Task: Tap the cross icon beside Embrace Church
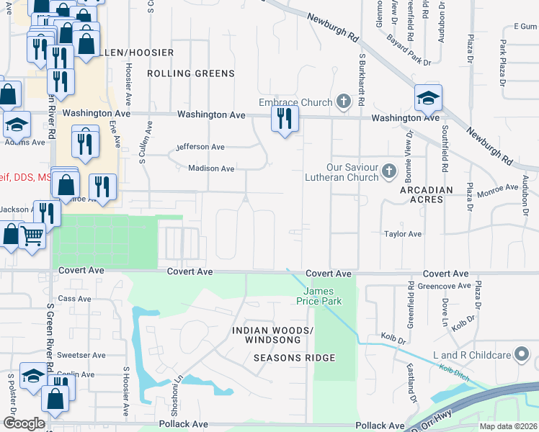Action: pyautogui.click(x=343, y=102)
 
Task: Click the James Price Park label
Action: pyautogui.click(x=317, y=296)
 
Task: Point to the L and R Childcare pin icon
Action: pyautogui.click(x=522, y=355)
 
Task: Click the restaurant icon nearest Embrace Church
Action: pyautogui.click(x=285, y=118)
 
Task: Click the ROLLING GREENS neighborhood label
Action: pyautogui.click(x=190, y=73)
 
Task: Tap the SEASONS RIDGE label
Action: pyautogui.click(x=294, y=358)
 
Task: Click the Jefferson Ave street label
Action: pyautogui.click(x=200, y=147)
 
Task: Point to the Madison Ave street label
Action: pyautogui.click(x=210, y=168)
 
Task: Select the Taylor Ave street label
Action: pyautogui.click(x=403, y=234)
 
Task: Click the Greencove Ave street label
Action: pyautogui.click(x=449, y=286)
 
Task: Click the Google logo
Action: pyautogui.click(x=24, y=423)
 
